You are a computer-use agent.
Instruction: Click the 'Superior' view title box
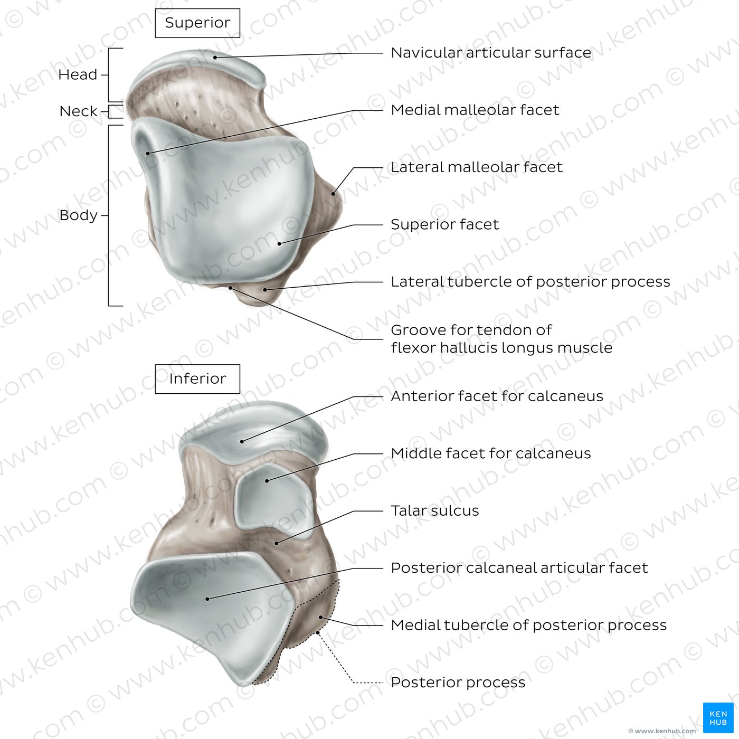click(x=197, y=23)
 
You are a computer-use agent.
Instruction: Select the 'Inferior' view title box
click(x=197, y=379)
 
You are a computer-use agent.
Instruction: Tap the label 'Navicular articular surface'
click(x=491, y=53)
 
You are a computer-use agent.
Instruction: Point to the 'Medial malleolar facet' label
click(x=475, y=110)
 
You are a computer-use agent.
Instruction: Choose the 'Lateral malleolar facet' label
click(x=477, y=167)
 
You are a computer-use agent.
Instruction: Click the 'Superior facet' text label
click(x=445, y=224)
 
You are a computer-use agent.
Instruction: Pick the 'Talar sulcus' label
click(x=435, y=511)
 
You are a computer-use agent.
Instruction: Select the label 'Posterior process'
click(x=458, y=682)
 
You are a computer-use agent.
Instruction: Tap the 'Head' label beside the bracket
click(x=78, y=75)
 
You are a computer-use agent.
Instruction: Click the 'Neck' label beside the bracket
click(x=79, y=111)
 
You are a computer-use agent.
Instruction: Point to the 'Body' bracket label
click(x=79, y=215)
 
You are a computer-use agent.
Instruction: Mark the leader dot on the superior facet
click(x=279, y=243)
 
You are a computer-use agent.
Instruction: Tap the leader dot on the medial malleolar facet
click(x=148, y=154)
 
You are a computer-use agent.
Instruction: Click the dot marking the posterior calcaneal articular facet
click(x=207, y=599)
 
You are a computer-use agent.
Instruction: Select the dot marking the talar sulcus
click(x=277, y=543)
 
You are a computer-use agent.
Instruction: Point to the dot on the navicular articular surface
click(x=215, y=58)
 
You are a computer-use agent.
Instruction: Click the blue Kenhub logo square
click(x=718, y=718)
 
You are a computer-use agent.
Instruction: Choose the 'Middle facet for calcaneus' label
click(x=491, y=453)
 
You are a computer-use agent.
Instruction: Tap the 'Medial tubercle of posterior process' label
click(x=529, y=625)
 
